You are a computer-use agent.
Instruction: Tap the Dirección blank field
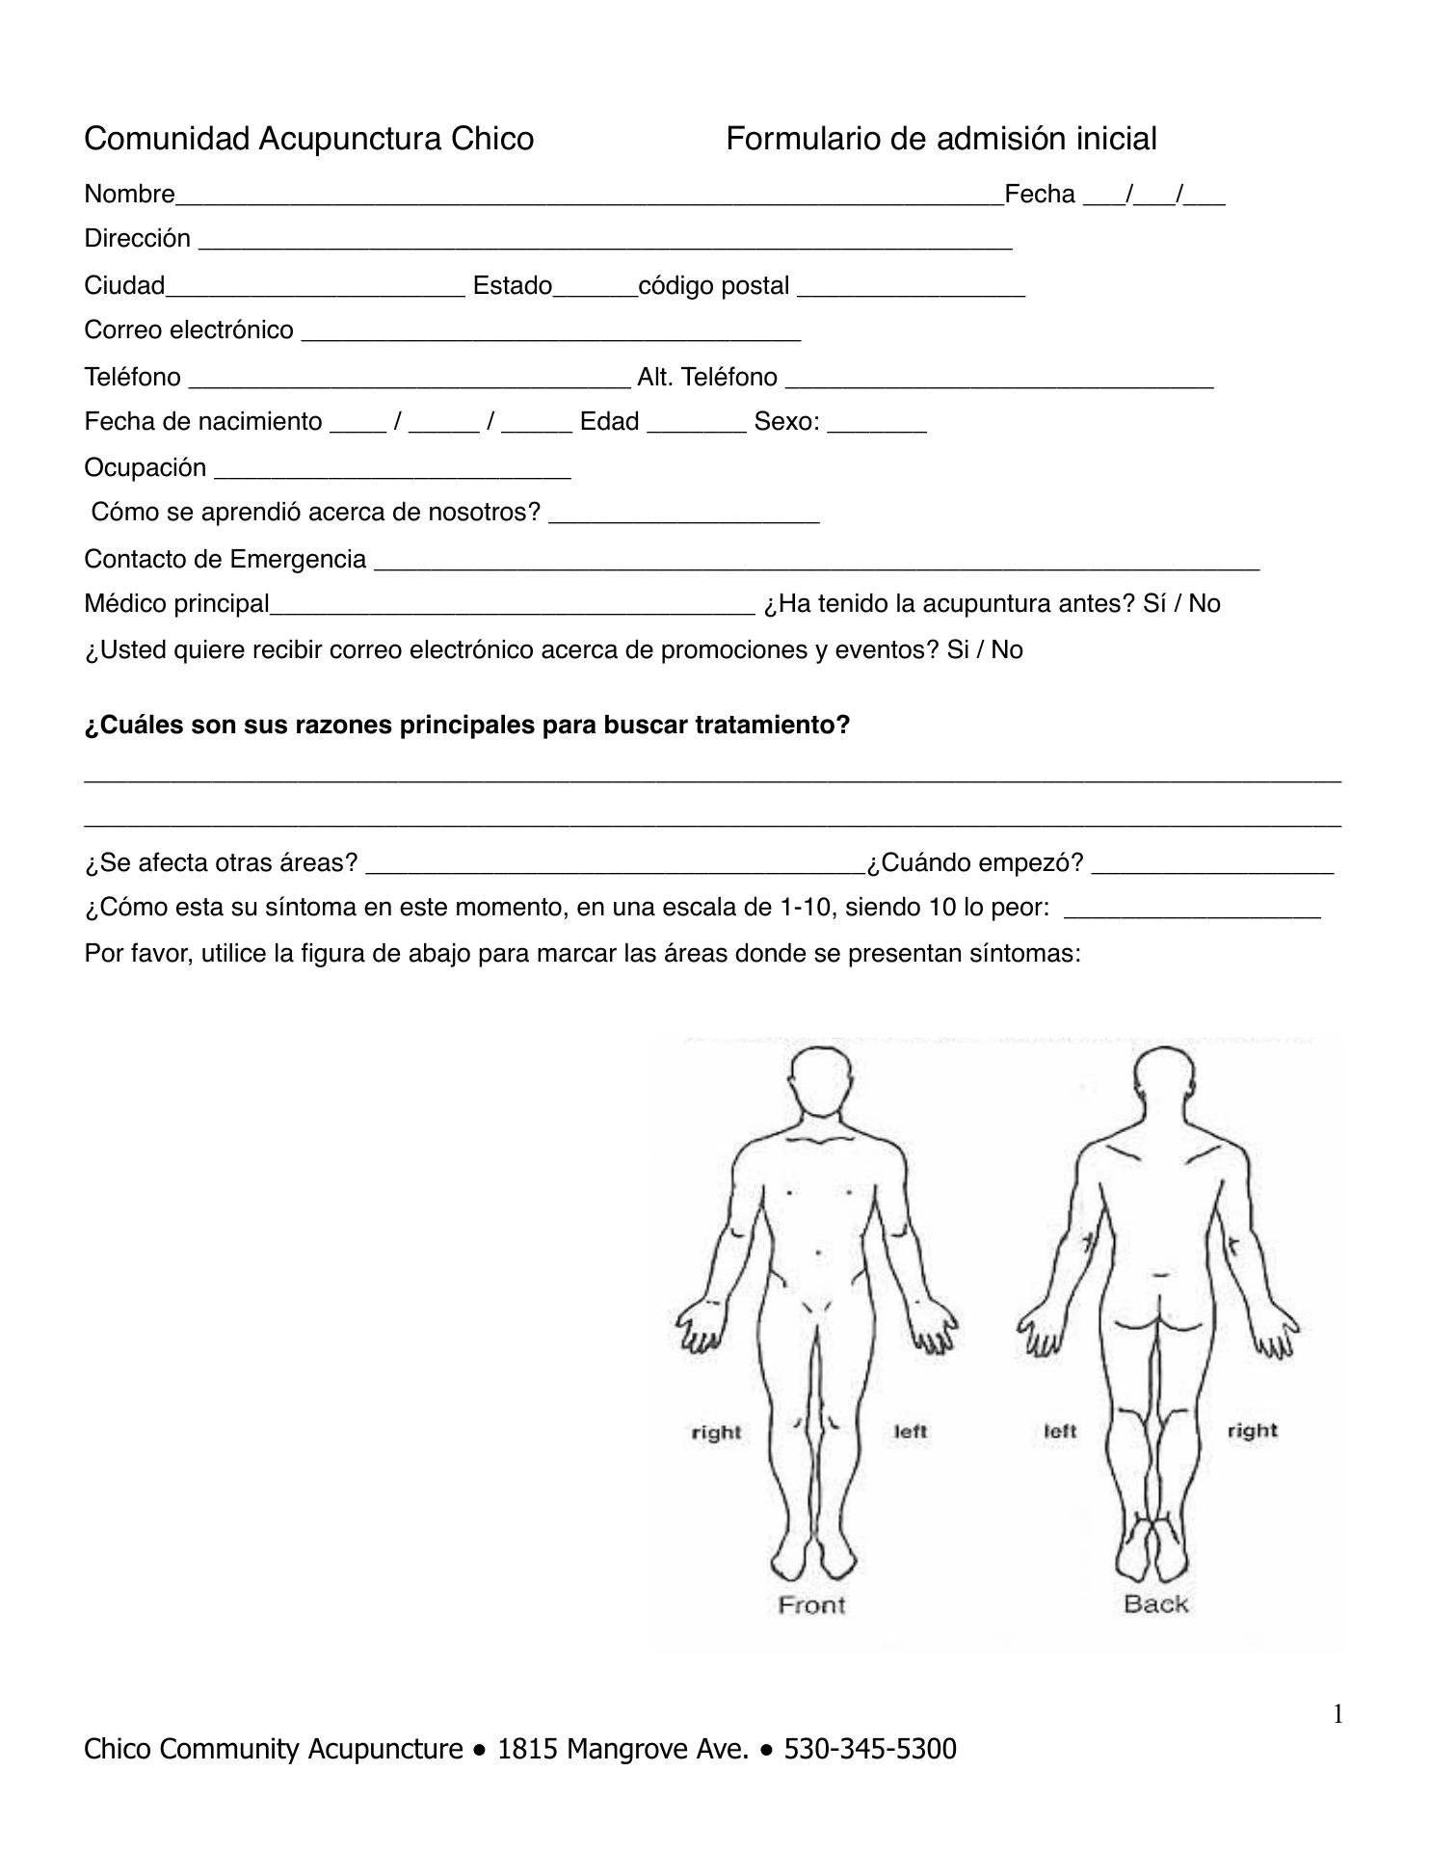click(605, 241)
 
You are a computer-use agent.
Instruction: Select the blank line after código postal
click(911, 288)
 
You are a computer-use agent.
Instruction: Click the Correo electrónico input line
click(550, 332)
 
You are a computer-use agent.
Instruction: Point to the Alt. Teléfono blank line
click(999, 379)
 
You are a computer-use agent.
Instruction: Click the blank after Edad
click(696, 424)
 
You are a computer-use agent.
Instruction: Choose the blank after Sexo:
click(877, 424)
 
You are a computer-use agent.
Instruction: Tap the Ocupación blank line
click(392, 470)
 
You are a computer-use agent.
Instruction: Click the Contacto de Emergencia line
click(816, 562)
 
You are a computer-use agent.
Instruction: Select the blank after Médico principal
click(513, 606)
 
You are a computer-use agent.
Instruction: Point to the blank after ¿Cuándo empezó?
click(1212, 865)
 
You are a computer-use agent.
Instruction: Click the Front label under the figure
click(811, 1605)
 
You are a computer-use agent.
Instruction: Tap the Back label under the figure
click(1155, 1604)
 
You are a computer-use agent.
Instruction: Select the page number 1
click(1337, 1714)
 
